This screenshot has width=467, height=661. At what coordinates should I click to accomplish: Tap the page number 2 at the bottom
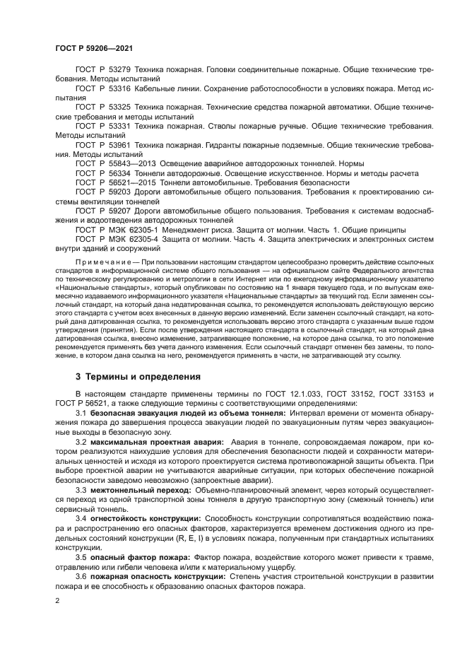(58, 600)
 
